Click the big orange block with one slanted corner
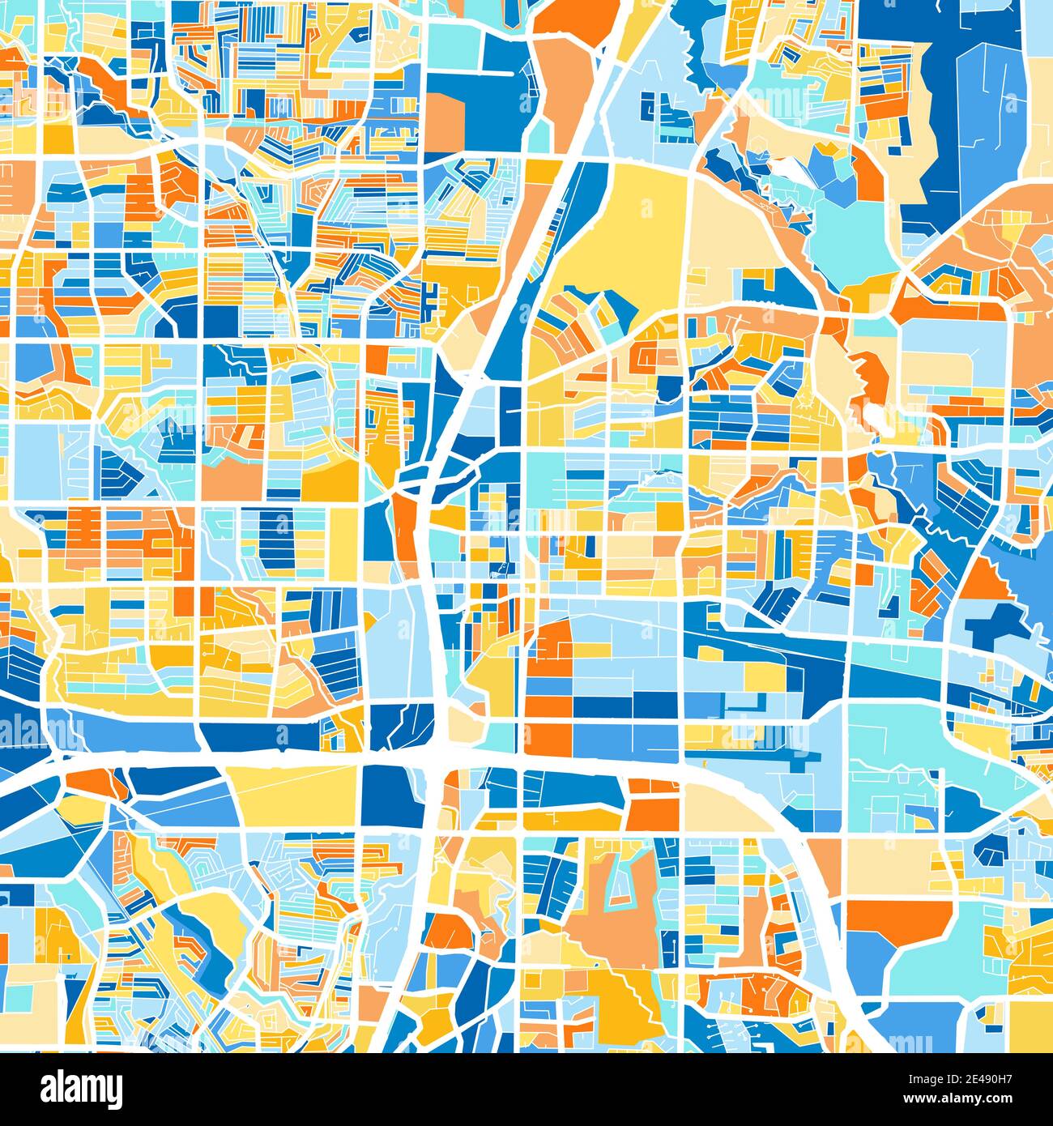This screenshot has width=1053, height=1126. point(899,919)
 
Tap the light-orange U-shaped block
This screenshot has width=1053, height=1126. point(616,915)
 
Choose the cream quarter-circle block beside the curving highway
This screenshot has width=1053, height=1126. point(717,806)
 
